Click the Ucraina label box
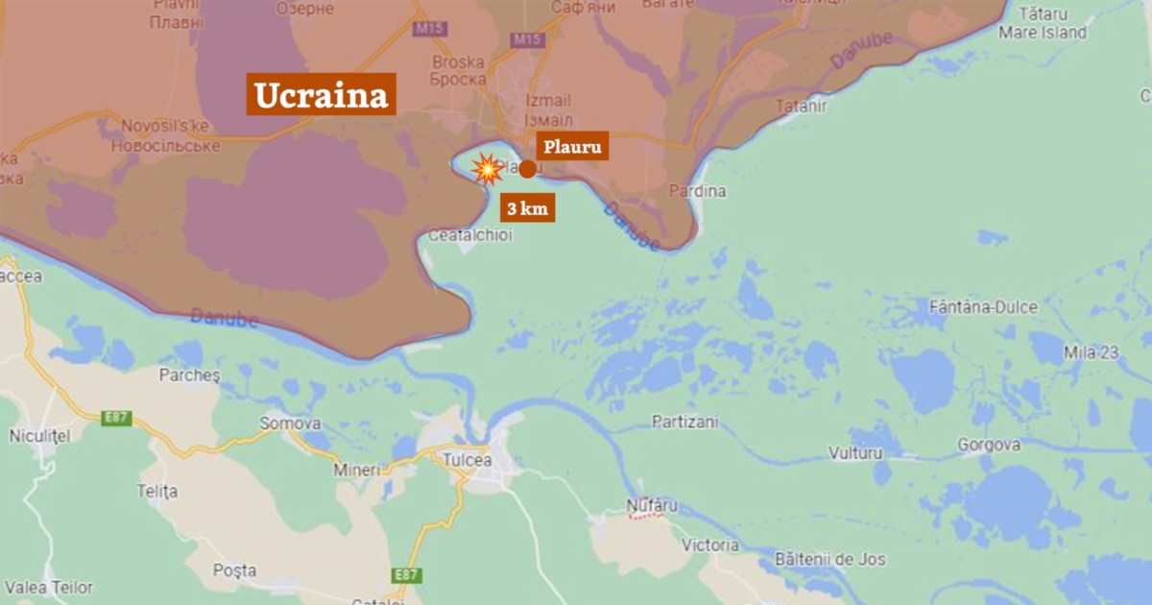(321, 95)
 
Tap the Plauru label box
(572, 147)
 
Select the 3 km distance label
(526, 207)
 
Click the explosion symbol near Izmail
(489, 170)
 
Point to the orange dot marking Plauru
(527, 168)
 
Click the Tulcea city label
(468, 460)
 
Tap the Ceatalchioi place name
(469, 234)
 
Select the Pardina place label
(697, 191)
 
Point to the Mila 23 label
(1091, 352)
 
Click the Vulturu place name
(854, 452)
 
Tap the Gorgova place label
(988, 446)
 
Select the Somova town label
(289, 423)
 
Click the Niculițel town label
(40, 436)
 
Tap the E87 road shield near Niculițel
(115, 418)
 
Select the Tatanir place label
(801, 107)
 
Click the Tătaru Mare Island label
(1043, 24)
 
